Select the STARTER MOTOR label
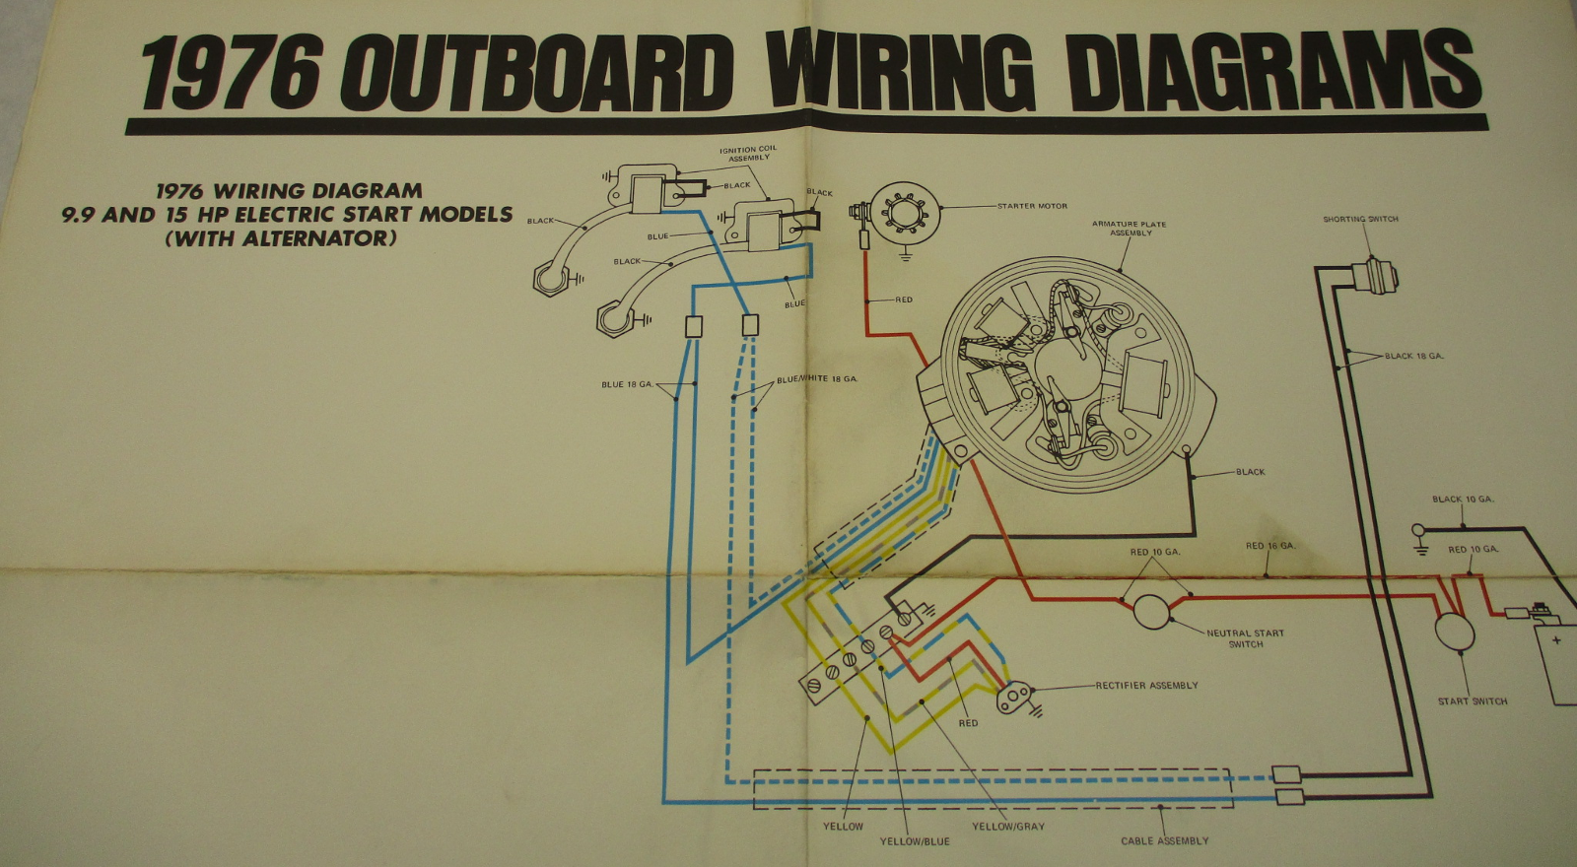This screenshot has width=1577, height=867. tap(1032, 206)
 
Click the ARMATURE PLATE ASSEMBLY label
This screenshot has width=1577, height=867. tap(1130, 229)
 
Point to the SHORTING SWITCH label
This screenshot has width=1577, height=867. tap(1360, 219)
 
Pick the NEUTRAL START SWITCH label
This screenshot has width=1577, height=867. tap(1245, 638)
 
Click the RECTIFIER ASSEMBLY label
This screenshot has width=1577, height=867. tap(1146, 685)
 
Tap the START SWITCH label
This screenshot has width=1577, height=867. tap(1473, 701)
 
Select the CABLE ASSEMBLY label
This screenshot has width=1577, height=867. tap(1164, 841)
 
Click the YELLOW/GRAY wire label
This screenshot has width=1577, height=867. tap(1007, 826)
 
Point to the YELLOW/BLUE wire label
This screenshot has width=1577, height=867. tap(915, 841)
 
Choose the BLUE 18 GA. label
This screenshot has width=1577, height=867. tap(627, 384)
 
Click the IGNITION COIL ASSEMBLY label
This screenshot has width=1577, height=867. tap(748, 154)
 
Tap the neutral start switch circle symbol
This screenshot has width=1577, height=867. tap(1151, 611)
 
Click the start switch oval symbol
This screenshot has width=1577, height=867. tap(1453, 631)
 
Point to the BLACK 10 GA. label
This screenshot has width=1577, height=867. tap(1463, 500)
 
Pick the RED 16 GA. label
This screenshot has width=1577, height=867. tap(1269, 546)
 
